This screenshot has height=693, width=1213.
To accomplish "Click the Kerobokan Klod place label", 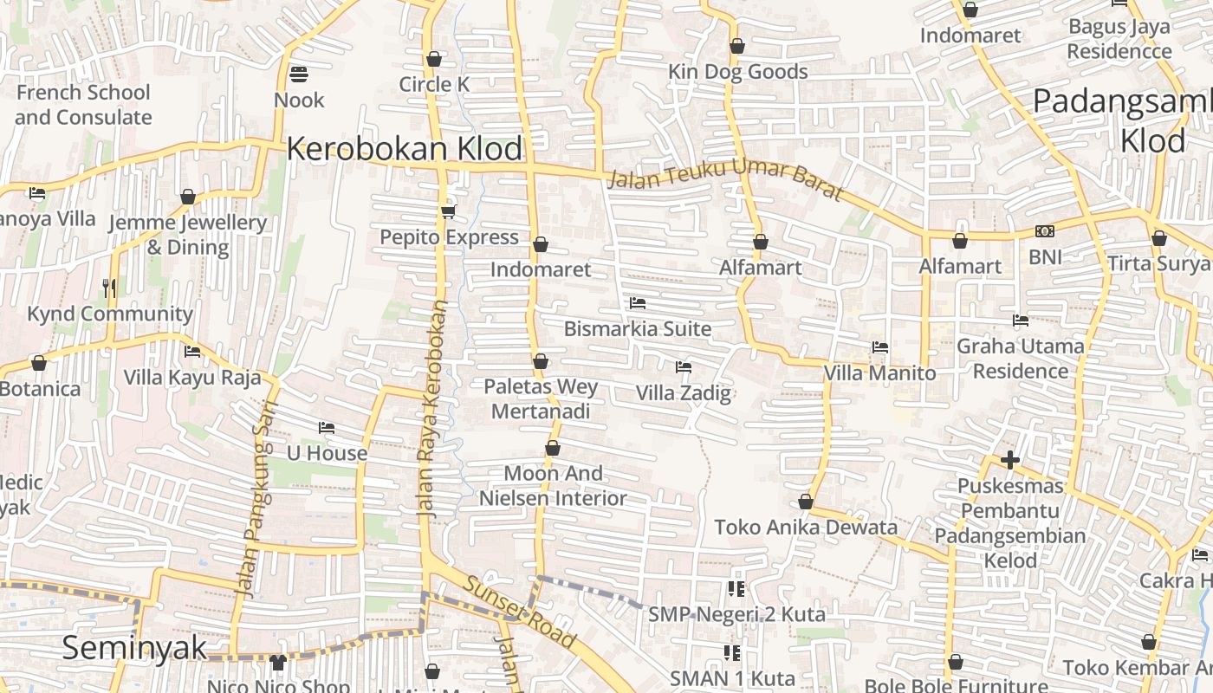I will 405,149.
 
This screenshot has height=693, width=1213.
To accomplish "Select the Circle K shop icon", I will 434,59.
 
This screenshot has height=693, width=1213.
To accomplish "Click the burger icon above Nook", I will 299,74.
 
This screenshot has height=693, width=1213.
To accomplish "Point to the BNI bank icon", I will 1045,231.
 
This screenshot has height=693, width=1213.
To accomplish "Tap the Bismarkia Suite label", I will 638,329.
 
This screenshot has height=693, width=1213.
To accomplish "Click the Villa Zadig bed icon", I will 684,367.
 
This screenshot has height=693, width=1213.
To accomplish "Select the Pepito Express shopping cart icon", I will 448,211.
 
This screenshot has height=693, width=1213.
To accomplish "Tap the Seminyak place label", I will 135,648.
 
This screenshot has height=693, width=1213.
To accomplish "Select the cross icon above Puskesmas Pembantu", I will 1009,460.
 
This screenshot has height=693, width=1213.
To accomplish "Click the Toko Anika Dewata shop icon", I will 806,502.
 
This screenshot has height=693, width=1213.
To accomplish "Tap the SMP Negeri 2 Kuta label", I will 736,614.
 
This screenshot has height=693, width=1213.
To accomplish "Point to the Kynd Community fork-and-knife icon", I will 109,288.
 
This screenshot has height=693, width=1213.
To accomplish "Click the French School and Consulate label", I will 83,104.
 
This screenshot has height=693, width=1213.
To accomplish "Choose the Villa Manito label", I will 879,373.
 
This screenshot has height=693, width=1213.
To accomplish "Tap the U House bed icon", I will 327,428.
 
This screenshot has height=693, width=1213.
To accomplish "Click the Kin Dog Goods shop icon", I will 737,46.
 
